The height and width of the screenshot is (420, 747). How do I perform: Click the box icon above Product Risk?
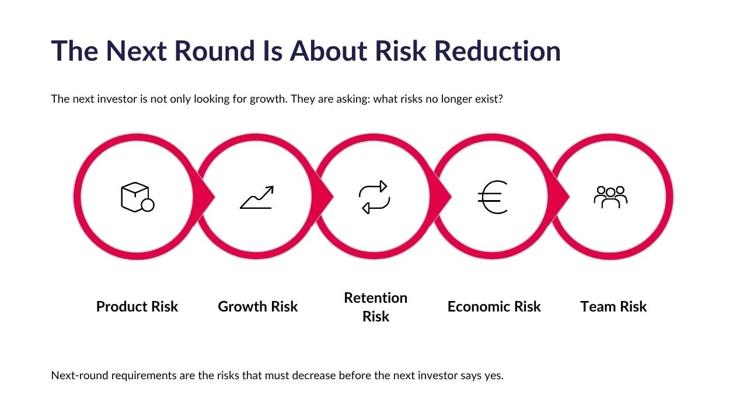pyautogui.click(x=137, y=197)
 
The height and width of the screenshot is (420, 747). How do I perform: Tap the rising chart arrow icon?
pyautogui.click(x=257, y=197)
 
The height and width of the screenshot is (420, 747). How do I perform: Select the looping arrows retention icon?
pyautogui.click(x=374, y=197)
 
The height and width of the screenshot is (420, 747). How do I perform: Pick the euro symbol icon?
pyautogui.click(x=493, y=197)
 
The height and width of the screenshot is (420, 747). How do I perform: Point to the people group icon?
pyautogui.click(x=610, y=197)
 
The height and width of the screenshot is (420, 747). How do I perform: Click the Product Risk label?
pyautogui.click(x=137, y=306)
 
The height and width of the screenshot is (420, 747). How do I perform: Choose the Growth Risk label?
pyautogui.click(x=258, y=306)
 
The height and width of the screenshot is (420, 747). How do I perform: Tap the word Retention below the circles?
pyautogui.click(x=375, y=297)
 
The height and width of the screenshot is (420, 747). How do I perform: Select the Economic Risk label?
pyautogui.click(x=494, y=306)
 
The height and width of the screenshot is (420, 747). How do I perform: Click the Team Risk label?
pyautogui.click(x=613, y=306)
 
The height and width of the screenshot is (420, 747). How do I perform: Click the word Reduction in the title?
pyautogui.click(x=498, y=51)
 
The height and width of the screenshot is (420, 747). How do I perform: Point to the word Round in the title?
pyautogui.click(x=214, y=51)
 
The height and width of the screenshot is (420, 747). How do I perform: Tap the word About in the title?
pyautogui.click(x=329, y=51)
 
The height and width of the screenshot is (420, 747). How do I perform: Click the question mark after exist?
pyautogui.click(x=500, y=99)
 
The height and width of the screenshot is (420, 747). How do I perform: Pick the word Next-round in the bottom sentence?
pyautogui.click(x=79, y=375)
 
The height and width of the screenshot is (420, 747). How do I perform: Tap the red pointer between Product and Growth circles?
pyautogui.click(x=204, y=197)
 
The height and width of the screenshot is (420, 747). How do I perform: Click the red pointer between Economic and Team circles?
pyautogui.click(x=559, y=197)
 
